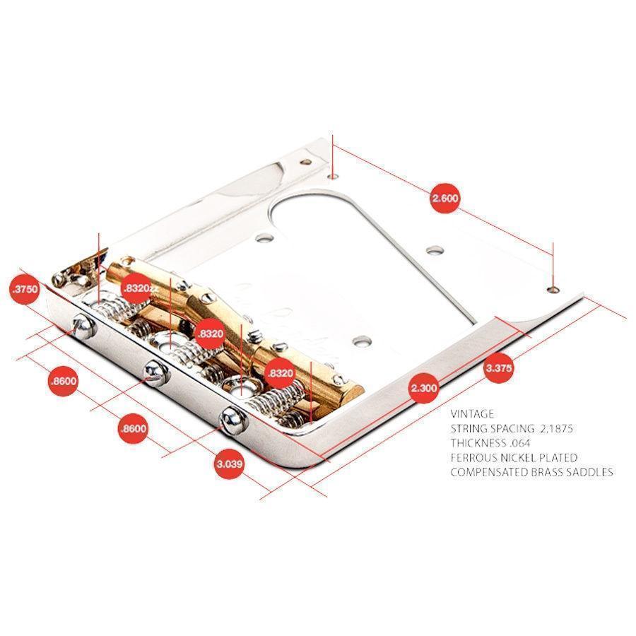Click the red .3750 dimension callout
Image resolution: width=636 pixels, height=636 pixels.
[x=24, y=289]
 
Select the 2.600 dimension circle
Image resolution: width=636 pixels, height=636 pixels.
[x=445, y=198]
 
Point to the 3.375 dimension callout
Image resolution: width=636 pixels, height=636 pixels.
[x=499, y=368]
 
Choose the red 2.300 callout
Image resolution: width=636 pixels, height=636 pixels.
[x=424, y=387]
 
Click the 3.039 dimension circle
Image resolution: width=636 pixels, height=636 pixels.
[x=229, y=464]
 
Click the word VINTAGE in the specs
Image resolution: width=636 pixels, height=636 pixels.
[x=472, y=414]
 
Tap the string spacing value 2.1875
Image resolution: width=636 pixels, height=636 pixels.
[x=557, y=428]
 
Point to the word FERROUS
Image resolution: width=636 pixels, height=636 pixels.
[x=473, y=457]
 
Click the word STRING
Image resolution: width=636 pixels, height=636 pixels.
[x=469, y=428]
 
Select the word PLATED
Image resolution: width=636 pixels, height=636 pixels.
[x=557, y=457]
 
